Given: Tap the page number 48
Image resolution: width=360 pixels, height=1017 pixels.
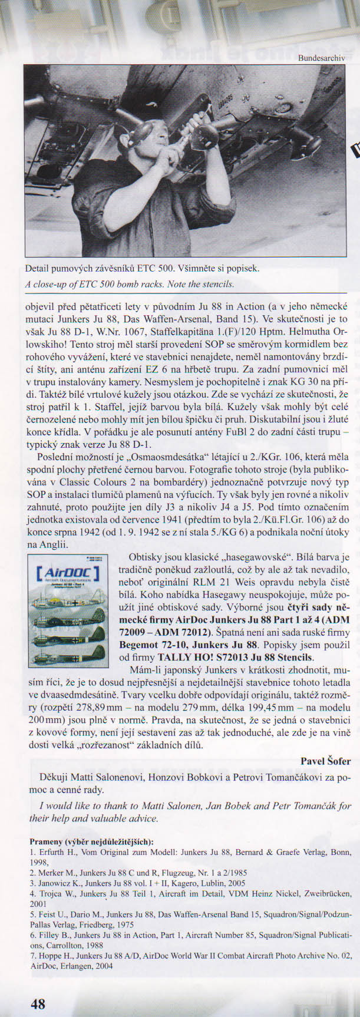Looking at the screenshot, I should [38, 1004].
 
